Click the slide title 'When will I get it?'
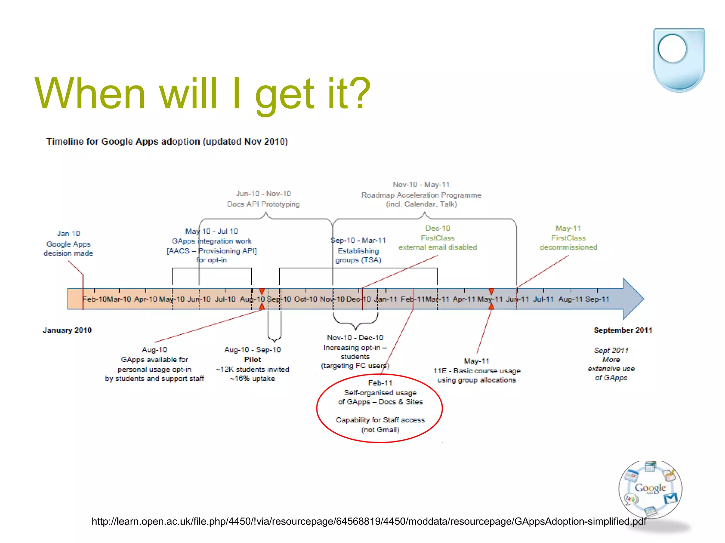[x=202, y=94]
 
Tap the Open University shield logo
[x=679, y=59]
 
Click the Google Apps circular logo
[x=650, y=489]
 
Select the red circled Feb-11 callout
[x=379, y=408]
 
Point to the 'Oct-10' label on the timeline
[x=306, y=299]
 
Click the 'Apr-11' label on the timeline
[x=464, y=299]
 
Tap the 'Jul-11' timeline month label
[x=543, y=299]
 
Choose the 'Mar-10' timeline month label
[x=119, y=299]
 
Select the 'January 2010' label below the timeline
[x=67, y=330]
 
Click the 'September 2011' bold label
[x=623, y=330]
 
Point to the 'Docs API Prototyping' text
[x=263, y=204]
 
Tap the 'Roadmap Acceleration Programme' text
[x=421, y=195]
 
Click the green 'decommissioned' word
[x=568, y=247]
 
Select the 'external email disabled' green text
[x=438, y=247]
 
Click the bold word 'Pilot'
[x=252, y=360]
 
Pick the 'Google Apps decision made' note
[x=68, y=244]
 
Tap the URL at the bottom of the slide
[x=369, y=521]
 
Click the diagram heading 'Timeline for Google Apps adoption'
[x=167, y=141]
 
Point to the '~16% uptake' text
[x=252, y=378]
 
